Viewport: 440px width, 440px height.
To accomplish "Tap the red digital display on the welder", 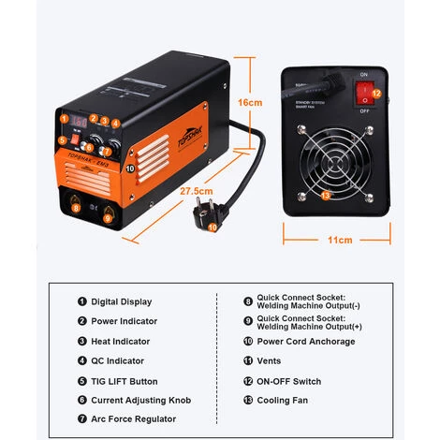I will (81, 122).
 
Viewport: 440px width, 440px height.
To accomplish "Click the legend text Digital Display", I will (121, 301).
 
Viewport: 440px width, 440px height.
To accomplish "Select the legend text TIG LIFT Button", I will (125, 381).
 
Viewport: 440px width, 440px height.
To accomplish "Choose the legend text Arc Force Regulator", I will (130, 420).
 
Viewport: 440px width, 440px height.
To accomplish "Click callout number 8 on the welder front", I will (77, 207).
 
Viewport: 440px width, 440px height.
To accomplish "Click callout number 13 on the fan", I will (325, 196).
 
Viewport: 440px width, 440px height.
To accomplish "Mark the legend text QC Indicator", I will (117, 361).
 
